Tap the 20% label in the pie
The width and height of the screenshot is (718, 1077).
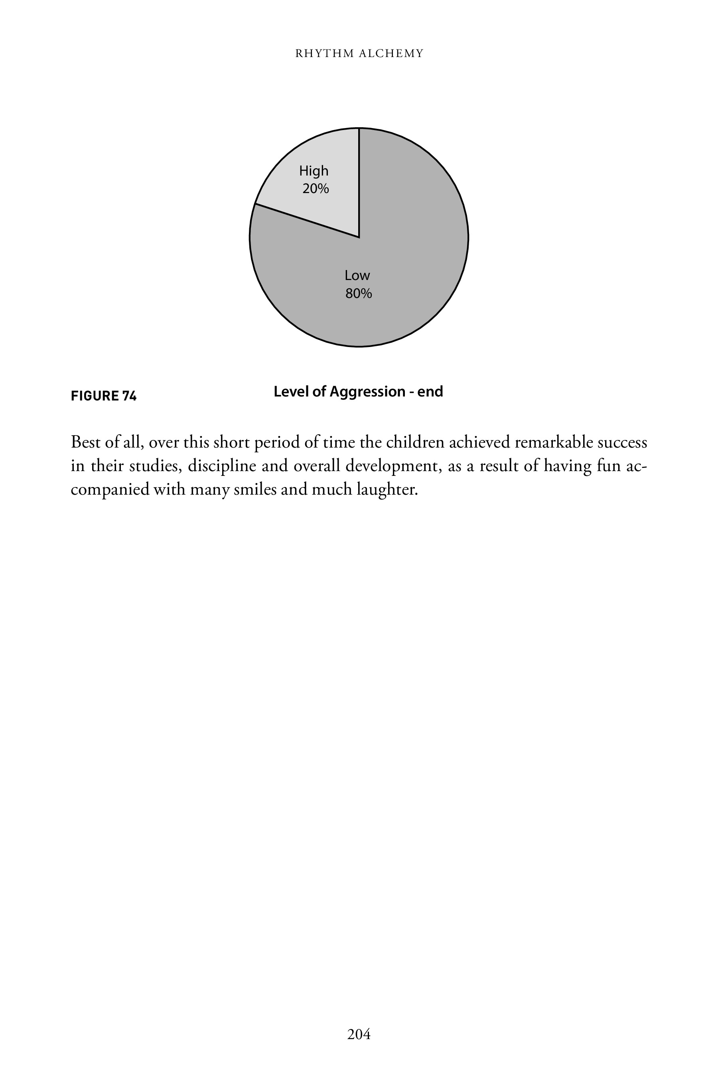(316, 189)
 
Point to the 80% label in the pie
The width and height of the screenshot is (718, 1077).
(359, 294)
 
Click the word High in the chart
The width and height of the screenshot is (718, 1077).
(314, 171)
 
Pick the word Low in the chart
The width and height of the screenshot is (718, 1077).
(357, 276)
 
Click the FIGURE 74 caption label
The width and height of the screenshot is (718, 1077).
(103, 396)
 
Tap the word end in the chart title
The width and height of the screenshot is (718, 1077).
(430, 392)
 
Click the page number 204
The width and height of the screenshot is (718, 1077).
(359, 1034)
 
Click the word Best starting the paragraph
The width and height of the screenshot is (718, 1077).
(86, 442)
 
